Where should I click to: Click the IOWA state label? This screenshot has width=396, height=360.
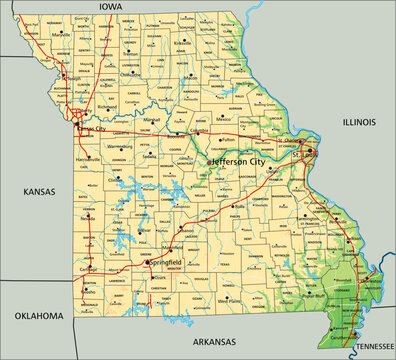110,6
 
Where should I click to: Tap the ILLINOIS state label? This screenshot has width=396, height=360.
358,122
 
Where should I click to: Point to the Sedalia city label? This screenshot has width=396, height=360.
149,157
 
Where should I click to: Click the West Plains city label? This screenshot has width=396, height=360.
233,299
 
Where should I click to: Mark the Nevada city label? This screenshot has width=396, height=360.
89,217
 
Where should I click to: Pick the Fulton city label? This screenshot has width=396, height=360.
229,139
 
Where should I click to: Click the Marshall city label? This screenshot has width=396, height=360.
152,118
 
